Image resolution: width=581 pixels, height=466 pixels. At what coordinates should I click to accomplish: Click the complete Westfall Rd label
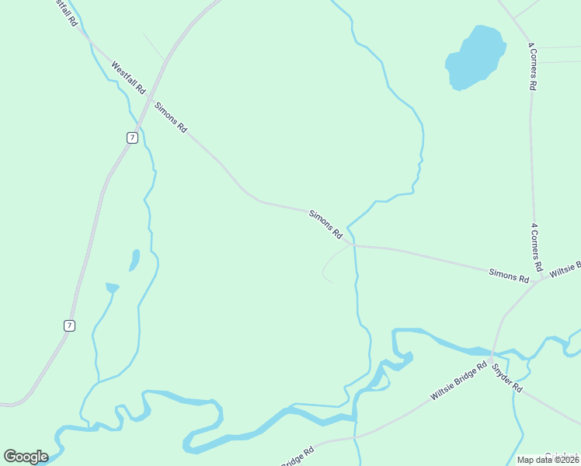[x=128, y=78]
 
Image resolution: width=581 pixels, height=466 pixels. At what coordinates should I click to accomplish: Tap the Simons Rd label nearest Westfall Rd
[x=171, y=117]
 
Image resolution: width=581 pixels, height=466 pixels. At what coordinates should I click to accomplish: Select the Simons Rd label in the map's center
[x=325, y=224]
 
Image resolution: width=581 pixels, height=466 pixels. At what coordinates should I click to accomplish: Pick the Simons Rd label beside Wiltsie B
[x=509, y=274]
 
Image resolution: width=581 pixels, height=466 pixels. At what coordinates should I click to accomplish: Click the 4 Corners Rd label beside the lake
[x=532, y=67]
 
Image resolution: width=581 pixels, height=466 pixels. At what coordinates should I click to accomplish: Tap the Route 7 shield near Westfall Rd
[x=133, y=137]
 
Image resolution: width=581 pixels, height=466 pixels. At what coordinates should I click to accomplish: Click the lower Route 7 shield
[x=70, y=325]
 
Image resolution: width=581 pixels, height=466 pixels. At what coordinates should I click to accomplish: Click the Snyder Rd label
[x=506, y=377]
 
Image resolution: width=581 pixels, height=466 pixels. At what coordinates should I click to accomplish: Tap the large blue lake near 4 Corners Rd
[x=475, y=57]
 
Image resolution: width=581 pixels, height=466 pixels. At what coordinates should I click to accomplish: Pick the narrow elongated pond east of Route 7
[x=134, y=259]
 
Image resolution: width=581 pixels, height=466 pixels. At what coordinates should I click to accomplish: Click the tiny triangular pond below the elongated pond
[x=113, y=287]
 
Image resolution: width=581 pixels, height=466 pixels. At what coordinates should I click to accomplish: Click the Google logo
[x=26, y=457]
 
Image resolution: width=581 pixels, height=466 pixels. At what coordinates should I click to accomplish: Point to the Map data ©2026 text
[x=548, y=460]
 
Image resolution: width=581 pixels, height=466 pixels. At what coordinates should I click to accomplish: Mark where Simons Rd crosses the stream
[x=353, y=245]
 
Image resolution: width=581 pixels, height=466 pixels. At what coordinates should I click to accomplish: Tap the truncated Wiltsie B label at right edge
[x=565, y=270]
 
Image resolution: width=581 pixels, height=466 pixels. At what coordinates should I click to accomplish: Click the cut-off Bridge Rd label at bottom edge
[x=297, y=457]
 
